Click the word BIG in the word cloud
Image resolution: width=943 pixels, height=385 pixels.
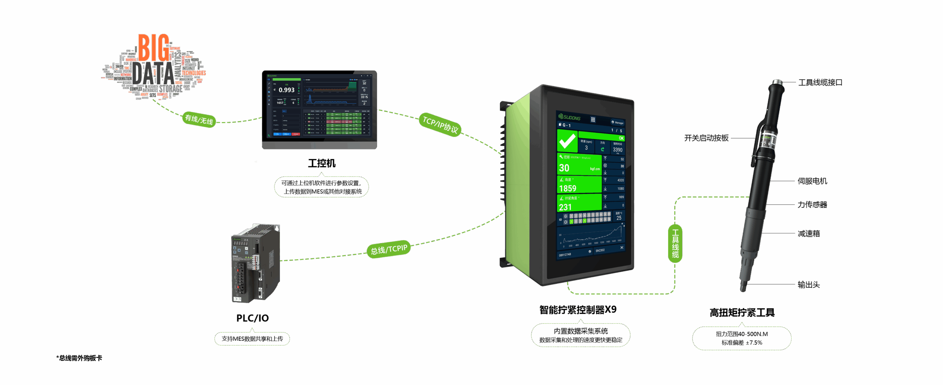tap(154, 48)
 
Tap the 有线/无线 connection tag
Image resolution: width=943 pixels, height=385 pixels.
tap(199, 119)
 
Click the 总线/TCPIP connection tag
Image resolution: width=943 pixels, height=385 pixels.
tap(389, 250)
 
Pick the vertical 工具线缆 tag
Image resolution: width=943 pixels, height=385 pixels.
tap(675, 243)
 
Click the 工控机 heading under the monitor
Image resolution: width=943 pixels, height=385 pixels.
tap(322, 163)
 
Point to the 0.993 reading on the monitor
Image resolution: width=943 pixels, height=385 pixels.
tap(286, 90)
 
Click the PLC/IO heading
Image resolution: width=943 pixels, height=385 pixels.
tap(253, 318)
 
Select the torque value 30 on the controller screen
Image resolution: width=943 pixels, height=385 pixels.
tap(564, 168)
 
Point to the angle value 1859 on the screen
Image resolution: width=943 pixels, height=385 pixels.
tap(568, 188)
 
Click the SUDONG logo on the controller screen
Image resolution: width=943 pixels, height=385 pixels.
tap(569, 117)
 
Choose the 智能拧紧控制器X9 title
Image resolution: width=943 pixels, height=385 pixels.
tap(578, 310)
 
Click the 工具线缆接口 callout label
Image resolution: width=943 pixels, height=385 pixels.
tap(820, 83)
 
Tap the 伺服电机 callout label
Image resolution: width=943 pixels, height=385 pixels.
tap(812, 181)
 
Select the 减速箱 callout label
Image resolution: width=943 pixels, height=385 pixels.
tap(809, 233)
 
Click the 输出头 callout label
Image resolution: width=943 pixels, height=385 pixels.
tap(809, 284)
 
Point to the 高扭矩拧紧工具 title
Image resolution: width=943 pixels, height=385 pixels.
tap(742, 313)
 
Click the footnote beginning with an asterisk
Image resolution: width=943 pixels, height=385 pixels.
tap(79, 358)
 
